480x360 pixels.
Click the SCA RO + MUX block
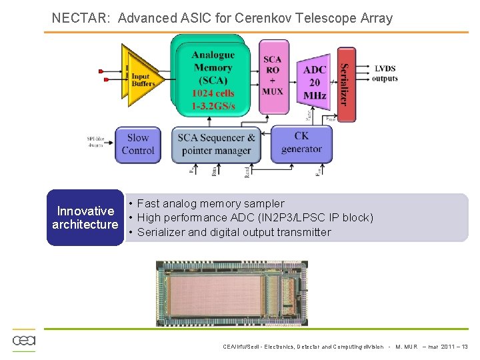[272, 75]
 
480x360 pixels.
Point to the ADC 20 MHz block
[314, 81]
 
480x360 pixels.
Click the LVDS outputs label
[385, 73]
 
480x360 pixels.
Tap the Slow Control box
[138, 144]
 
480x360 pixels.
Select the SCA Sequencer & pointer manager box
[217, 144]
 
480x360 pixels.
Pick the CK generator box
[301, 143]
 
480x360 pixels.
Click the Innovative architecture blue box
[85, 218]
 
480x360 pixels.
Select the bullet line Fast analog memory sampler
[210, 203]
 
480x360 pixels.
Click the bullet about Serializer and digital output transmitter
[233, 232]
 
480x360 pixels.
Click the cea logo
[24, 340]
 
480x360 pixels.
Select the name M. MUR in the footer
[407, 347]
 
